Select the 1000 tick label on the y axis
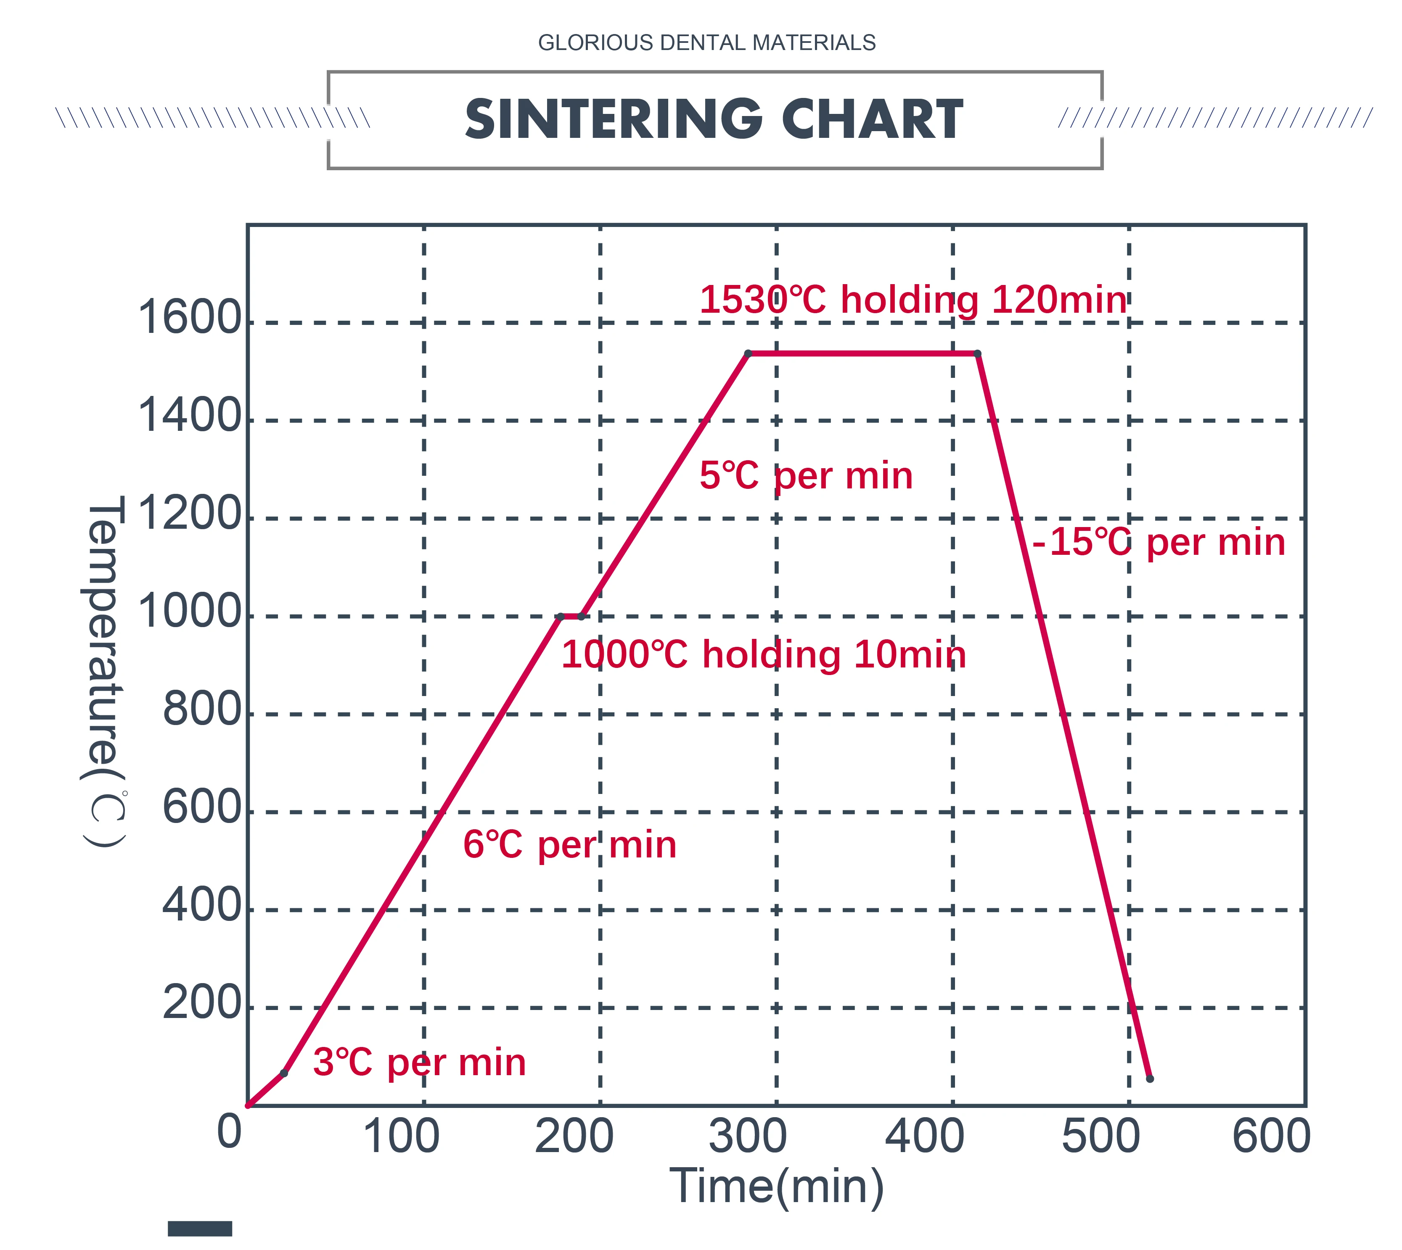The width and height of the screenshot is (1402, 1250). [x=190, y=611]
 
